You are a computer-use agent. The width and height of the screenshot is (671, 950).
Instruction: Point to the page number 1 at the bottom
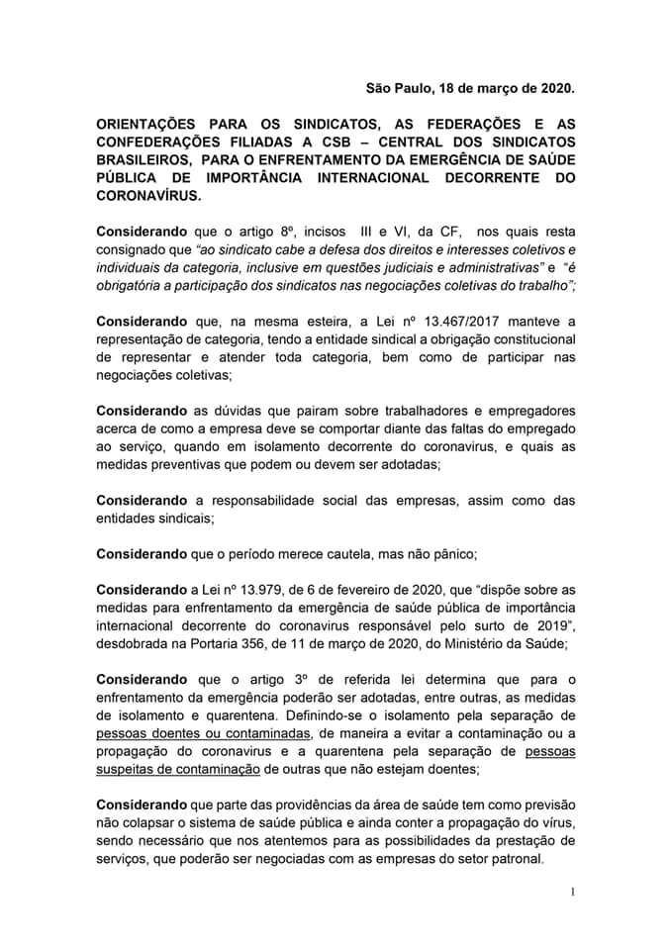pyautogui.click(x=572, y=892)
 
